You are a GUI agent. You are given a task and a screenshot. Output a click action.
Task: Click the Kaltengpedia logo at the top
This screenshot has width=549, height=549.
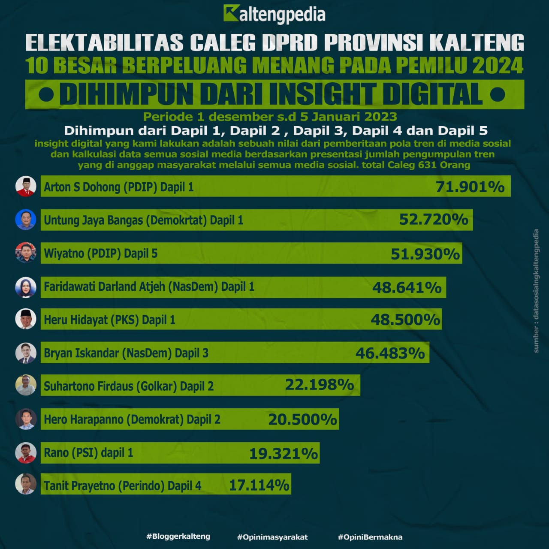click(x=274, y=14)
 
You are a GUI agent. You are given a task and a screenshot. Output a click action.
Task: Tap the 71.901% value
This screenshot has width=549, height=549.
click(x=470, y=187)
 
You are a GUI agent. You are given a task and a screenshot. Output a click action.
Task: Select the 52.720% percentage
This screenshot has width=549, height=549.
click(x=434, y=220)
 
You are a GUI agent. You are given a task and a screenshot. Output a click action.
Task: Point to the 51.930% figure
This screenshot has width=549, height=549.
click(x=425, y=254)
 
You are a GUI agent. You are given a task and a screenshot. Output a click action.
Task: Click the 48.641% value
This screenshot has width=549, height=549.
click(x=407, y=287)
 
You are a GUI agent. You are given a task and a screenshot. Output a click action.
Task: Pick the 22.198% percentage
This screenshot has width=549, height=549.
click(x=319, y=384)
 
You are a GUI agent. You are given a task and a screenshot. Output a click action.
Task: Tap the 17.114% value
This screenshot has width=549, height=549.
click(x=259, y=485)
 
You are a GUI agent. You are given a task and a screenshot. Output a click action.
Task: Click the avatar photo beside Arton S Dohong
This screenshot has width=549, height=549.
click(x=26, y=186)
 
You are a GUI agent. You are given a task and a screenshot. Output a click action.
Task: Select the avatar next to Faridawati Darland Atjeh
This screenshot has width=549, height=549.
click(x=26, y=287)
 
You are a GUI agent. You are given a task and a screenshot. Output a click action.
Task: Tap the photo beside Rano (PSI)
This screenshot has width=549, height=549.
click(x=26, y=452)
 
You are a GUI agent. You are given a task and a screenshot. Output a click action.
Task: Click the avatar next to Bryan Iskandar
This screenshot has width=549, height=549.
click(x=26, y=353)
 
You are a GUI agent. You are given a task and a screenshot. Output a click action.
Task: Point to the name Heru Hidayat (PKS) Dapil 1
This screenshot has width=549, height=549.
click(x=109, y=320)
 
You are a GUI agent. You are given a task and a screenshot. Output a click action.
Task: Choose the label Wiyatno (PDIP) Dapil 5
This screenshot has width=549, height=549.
click(x=101, y=253)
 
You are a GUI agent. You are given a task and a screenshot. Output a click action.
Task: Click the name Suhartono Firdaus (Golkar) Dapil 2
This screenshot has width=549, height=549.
click(x=129, y=386)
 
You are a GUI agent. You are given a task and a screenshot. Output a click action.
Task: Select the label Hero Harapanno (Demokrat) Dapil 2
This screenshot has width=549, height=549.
click(x=132, y=419)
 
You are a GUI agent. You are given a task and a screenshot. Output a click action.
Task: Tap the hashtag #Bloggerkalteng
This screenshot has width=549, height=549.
click(x=178, y=536)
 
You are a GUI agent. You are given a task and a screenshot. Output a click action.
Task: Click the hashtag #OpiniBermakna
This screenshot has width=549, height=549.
click(x=370, y=537)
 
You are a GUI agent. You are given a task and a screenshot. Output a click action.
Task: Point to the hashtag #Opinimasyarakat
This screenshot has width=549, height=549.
click(x=272, y=537)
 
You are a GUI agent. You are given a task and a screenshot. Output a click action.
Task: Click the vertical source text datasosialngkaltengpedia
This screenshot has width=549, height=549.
click(x=536, y=292)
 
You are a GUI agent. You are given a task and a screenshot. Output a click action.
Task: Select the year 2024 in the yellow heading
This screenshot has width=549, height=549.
click(x=498, y=65)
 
